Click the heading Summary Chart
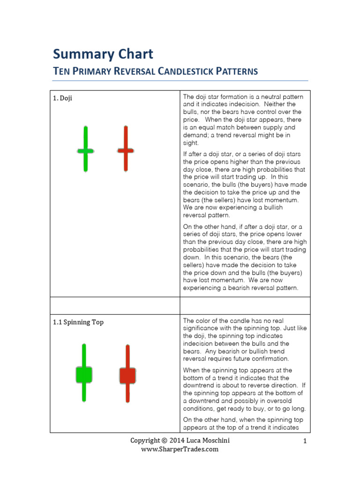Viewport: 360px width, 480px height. [x=103, y=54]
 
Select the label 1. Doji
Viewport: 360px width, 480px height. [x=62, y=98]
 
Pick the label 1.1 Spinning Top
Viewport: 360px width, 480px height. [x=78, y=322]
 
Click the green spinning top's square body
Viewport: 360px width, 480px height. [x=84, y=375]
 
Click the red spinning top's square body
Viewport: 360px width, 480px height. [x=127, y=375]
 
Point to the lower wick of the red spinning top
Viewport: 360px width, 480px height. [x=127, y=393]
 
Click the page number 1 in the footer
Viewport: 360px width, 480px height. [x=304, y=441]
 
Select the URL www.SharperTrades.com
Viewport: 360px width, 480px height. [x=180, y=449]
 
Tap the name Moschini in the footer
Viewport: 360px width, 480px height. [x=215, y=441]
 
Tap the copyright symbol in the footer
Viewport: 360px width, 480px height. [x=164, y=441]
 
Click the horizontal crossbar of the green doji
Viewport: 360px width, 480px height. [x=85, y=151]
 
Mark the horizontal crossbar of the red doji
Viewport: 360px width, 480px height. [x=126, y=150]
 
